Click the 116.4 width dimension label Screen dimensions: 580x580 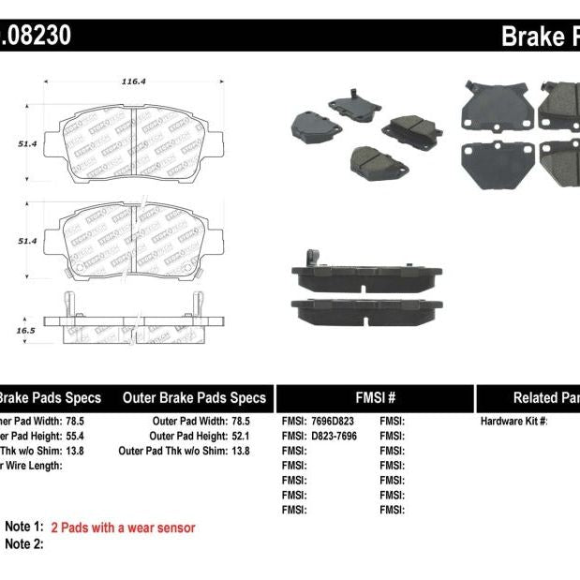coord(133,82)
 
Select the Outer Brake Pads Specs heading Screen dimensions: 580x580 coord(194,397)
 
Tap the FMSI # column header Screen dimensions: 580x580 coord(374,397)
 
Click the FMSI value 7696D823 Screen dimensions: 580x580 coord(335,422)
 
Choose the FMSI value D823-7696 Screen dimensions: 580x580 coord(335,436)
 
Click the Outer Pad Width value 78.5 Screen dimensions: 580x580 coord(243,422)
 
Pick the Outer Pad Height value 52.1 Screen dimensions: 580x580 coord(243,436)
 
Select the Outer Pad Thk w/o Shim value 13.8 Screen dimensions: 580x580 coord(243,451)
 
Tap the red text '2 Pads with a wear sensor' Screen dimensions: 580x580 coord(123,528)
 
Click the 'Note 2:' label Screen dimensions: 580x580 coord(24,543)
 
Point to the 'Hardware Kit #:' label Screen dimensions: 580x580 coord(513,422)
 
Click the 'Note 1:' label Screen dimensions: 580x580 coord(24,528)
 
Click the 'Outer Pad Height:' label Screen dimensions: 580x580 coord(187,436)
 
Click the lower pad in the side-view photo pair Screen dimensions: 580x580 coord(366,308)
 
